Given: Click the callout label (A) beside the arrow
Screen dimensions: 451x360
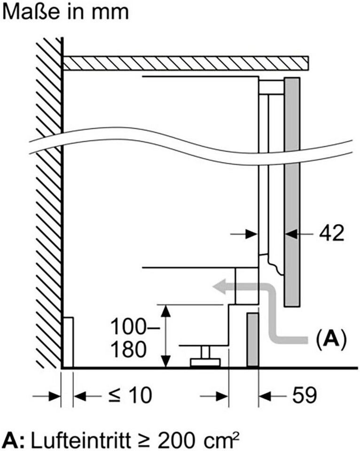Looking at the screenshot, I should click(331, 338).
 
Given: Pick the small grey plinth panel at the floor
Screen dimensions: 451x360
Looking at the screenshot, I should click(253, 339).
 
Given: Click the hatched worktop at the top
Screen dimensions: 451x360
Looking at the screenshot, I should click(186, 63).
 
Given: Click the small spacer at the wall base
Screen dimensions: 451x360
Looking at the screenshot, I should click(68, 342).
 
